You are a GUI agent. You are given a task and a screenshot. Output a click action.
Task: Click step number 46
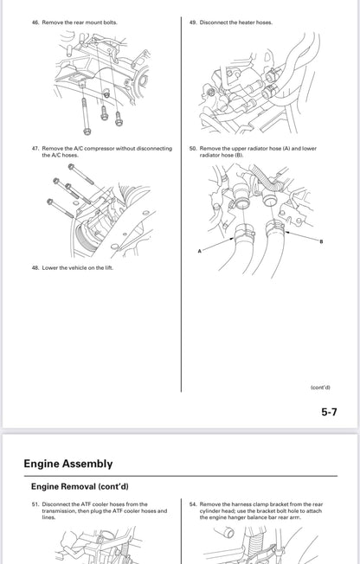point(35,22)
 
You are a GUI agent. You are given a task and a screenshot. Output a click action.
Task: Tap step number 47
point(35,148)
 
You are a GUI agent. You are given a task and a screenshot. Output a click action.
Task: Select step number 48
point(35,267)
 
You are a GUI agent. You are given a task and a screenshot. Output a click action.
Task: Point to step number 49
point(193,22)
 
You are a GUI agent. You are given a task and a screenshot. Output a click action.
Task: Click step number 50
point(193,148)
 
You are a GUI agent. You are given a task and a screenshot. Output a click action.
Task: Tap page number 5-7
point(329,412)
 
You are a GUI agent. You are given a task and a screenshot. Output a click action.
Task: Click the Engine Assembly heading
point(68,464)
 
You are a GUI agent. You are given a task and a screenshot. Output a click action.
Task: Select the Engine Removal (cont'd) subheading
point(80,487)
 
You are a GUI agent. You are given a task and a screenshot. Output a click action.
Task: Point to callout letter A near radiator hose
point(199,251)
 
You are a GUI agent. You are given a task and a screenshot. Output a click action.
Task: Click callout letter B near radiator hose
point(321,241)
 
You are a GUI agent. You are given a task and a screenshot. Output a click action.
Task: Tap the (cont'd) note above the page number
point(320,388)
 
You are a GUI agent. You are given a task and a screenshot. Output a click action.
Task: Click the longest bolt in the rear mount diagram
point(85,115)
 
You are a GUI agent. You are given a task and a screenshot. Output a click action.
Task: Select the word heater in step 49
point(247,22)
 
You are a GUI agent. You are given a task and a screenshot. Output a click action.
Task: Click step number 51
point(35,504)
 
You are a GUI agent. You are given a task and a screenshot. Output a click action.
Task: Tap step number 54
point(193,504)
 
